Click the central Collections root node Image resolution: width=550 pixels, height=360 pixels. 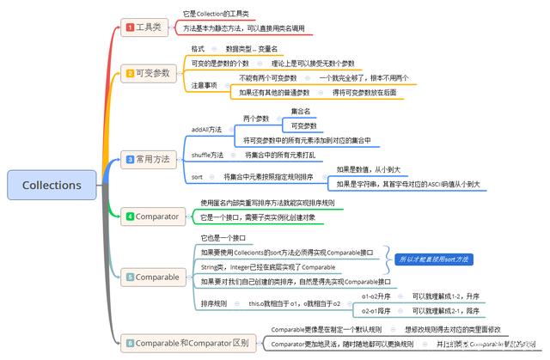[52, 185]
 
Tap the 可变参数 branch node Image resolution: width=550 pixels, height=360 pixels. [147, 72]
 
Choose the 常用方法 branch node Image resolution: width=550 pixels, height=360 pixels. [147, 159]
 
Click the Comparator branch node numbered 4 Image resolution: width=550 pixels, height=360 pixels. [151, 217]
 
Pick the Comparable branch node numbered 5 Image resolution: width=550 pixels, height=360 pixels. [151, 277]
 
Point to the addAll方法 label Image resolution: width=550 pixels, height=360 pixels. [206, 129]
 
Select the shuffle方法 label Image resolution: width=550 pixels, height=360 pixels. [206, 155]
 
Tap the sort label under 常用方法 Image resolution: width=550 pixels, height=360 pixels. [197, 176]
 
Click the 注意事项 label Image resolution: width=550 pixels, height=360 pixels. [204, 85]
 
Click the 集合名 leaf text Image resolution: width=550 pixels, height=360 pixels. [301, 112]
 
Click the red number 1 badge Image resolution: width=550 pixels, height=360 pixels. [130, 27]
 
